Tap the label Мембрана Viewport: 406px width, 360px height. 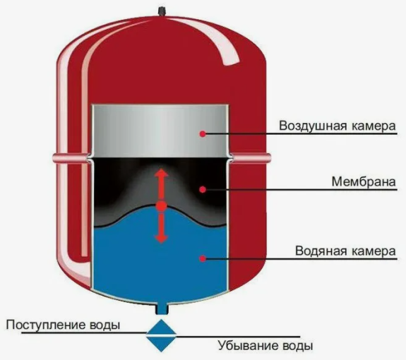[364, 181]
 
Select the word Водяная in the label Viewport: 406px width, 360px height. [321, 251]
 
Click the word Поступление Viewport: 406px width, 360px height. [46, 325]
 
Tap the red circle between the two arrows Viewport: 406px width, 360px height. [162, 206]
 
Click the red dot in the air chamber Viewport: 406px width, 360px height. [203, 134]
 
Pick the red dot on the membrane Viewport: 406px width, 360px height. [203, 190]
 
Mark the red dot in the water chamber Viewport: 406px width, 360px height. [203, 258]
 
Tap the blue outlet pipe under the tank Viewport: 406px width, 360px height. [162, 308]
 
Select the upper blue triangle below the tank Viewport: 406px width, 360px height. [161, 327]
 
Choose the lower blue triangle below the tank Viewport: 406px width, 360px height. [161, 344]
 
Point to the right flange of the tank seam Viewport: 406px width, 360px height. [251, 157]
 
